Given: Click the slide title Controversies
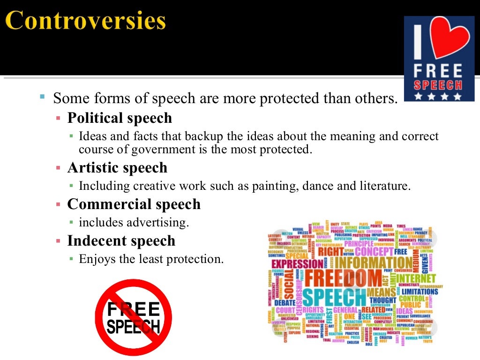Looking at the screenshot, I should pyautogui.click(x=86, y=21).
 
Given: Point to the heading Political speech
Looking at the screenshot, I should pyautogui.click(x=120, y=118).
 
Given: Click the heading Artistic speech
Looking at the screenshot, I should pyautogui.click(x=117, y=167).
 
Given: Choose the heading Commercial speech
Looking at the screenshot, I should pyautogui.click(x=134, y=204).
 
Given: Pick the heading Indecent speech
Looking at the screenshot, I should pyautogui.click(x=121, y=241).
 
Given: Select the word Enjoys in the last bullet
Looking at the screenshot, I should pyautogui.click(x=96, y=259).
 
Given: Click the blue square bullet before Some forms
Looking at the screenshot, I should pyautogui.click(x=42, y=97).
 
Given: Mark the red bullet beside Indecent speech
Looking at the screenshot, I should pyautogui.click(x=58, y=241).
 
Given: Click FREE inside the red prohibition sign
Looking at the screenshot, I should pyautogui.click(x=134, y=310).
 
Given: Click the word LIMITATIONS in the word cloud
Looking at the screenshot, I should pyautogui.click(x=420, y=291).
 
